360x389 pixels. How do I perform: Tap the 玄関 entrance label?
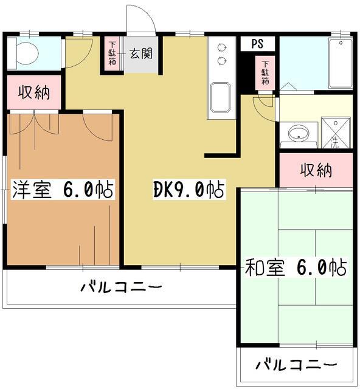coord(140,53)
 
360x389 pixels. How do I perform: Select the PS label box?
coord(258,44)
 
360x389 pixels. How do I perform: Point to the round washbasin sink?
coord(299,134)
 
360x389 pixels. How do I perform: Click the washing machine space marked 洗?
coord(335,134)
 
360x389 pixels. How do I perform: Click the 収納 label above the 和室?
coord(316,170)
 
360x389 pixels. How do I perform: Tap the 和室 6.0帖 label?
coord(296,266)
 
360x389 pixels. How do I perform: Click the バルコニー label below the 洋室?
coord(122,286)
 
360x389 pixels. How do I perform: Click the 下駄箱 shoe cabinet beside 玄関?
coord(112,55)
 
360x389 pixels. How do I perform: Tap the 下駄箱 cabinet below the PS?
coord(266,74)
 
